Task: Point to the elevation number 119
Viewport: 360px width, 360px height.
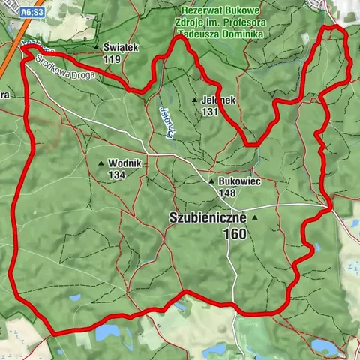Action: tap(113, 59)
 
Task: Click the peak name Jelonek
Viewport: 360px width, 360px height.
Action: tap(218, 100)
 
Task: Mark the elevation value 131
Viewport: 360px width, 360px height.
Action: tap(211, 111)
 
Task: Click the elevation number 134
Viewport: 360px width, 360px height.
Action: tap(116, 175)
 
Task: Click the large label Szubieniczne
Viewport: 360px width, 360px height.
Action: tap(207, 217)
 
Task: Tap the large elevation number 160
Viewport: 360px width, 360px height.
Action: tap(235, 234)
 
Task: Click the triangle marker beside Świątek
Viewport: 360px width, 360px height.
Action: tap(97, 48)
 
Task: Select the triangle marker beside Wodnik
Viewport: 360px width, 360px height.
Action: tap(102, 163)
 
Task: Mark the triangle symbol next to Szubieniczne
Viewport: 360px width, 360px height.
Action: tap(255, 217)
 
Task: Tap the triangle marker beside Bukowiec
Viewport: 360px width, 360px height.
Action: tap(212, 181)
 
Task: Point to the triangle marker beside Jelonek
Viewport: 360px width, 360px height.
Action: tap(195, 100)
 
